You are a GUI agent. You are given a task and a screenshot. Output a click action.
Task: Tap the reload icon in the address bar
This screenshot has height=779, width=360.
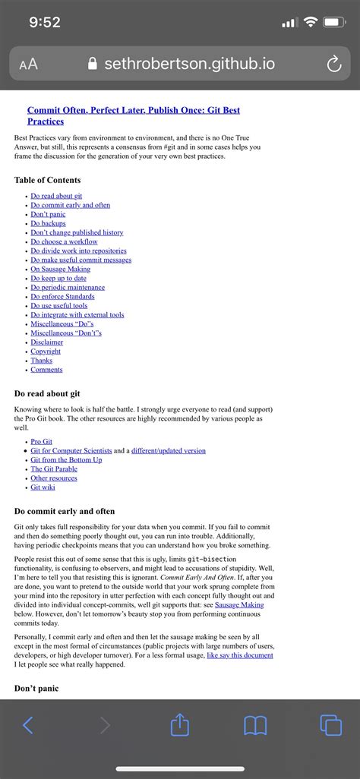pyautogui.click(x=333, y=65)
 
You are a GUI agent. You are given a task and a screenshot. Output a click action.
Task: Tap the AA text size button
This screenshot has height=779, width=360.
pyautogui.click(x=29, y=65)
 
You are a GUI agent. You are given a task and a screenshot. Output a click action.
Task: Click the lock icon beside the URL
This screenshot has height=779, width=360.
pyautogui.click(x=93, y=65)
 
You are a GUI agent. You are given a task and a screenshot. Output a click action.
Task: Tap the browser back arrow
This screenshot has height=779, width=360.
pyautogui.click(x=28, y=725)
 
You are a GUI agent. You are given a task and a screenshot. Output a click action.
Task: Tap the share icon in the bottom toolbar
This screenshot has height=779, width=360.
pyautogui.click(x=179, y=724)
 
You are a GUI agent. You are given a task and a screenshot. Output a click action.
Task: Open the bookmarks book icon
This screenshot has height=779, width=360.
pyautogui.click(x=255, y=725)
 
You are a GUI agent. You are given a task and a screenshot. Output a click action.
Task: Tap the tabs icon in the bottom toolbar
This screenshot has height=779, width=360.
pyautogui.click(x=330, y=725)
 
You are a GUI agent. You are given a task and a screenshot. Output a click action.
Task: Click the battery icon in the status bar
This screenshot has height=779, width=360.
pyautogui.click(x=333, y=23)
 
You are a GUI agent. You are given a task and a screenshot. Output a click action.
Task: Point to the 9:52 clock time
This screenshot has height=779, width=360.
pyautogui.click(x=45, y=23)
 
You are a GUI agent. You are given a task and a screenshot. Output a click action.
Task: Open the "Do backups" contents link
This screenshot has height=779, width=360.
pyautogui.click(x=48, y=223)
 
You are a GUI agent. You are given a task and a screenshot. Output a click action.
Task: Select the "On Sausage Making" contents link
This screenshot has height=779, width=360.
pyautogui.click(x=60, y=269)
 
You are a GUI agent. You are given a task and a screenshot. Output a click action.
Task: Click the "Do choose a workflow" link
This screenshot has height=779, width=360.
pyautogui.click(x=64, y=241)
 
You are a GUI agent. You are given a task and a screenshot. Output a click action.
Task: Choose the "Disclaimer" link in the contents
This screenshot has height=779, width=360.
pyautogui.click(x=47, y=342)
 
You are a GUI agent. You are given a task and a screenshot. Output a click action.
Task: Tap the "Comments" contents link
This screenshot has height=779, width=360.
pyautogui.click(x=46, y=370)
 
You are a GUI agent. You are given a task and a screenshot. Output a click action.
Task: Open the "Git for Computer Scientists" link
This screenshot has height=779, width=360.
pyautogui.click(x=71, y=450)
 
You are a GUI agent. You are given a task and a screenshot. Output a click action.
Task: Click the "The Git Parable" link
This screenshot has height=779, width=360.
pyautogui.click(x=54, y=468)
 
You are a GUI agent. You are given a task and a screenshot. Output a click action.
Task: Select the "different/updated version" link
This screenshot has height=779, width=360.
pyautogui.click(x=168, y=450)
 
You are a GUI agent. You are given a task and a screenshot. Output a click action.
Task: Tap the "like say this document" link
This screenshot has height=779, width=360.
pyautogui.click(x=239, y=654)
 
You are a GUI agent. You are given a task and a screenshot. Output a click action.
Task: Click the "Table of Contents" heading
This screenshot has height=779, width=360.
pyautogui.click(x=47, y=180)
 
